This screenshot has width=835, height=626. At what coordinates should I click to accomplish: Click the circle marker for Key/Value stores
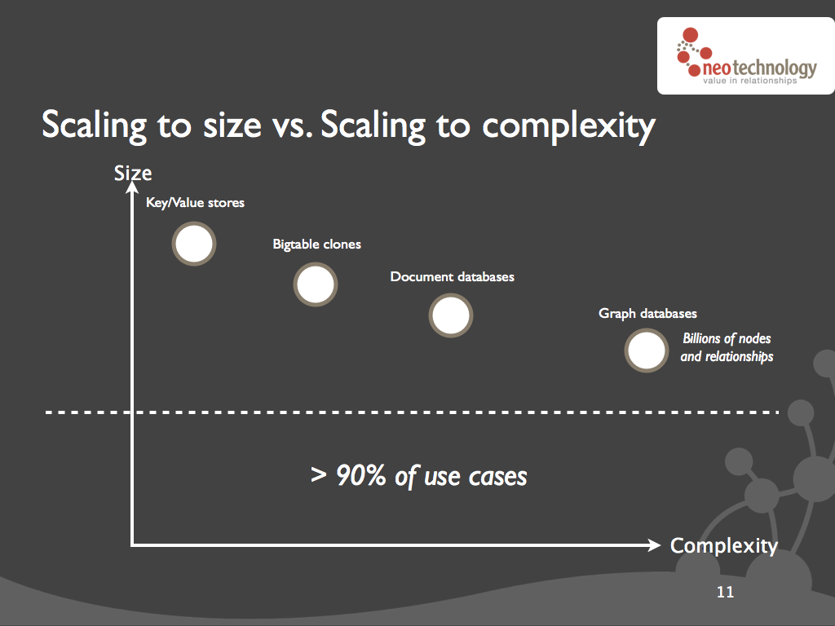[x=194, y=244]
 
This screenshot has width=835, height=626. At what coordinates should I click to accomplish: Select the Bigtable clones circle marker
[x=316, y=284]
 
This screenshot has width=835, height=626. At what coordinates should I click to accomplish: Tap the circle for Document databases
[x=450, y=315]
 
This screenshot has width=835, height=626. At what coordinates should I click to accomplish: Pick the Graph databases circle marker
[x=647, y=350]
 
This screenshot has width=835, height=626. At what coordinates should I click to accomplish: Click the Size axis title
[x=133, y=174]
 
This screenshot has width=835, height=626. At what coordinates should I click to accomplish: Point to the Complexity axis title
[x=724, y=546]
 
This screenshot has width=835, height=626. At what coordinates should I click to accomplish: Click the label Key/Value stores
[x=196, y=203]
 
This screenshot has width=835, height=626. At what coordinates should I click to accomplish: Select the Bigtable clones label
[x=317, y=245]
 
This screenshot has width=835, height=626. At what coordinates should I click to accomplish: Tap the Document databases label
[x=452, y=277]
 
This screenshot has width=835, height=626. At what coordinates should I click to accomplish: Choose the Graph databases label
[x=647, y=314]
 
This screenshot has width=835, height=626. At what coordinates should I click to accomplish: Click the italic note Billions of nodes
[x=727, y=338]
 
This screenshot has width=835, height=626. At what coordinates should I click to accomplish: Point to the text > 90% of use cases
[x=419, y=475]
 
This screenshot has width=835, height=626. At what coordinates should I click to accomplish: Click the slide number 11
[x=725, y=592]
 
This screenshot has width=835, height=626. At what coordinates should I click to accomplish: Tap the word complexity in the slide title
[x=568, y=126]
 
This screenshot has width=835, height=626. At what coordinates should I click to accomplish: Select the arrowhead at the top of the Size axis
[x=132, y=187]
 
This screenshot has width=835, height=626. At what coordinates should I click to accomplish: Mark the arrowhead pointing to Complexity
[x=655, y=544]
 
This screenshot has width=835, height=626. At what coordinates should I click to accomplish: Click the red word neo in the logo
[x=717, y=68]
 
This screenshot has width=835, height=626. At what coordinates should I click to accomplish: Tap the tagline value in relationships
[x=750, y=81]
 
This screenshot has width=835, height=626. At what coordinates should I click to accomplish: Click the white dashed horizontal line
[x=412, y=412]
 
